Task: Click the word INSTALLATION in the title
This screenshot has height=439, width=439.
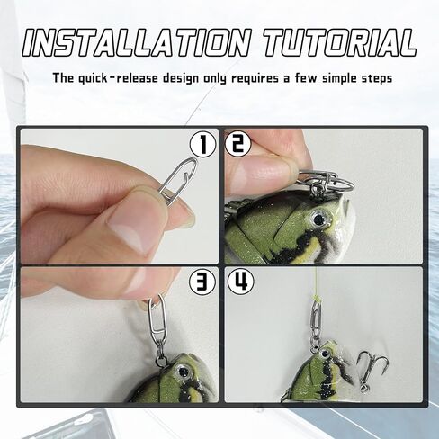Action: tap(130, 41)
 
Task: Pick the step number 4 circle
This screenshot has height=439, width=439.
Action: tap(239, 282)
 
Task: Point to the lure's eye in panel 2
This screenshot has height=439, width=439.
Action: tap(319, 216)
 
